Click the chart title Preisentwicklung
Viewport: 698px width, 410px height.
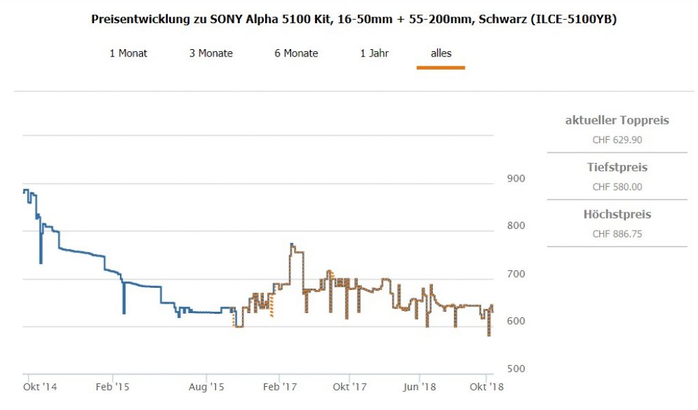click(354, 19)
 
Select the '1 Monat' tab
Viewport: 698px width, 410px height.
click(128, 53)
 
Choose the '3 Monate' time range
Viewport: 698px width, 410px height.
click(211, 53)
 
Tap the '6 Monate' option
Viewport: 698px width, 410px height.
click(296, 53)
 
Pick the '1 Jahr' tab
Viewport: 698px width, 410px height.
click(374, 53)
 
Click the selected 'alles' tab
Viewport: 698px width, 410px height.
click(441, 53)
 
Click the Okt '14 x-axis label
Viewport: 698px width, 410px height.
click(40, 387)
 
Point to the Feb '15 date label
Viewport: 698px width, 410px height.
click(112, 387)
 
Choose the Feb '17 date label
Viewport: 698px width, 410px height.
click(280, 387)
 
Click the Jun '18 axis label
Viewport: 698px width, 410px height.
click(419, 387)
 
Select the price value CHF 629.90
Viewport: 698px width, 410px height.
click(617, 141)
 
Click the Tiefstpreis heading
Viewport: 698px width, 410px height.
click(617, 167)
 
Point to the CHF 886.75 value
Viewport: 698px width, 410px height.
click(617, 234)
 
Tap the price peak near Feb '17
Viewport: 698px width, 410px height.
click(292, 244)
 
